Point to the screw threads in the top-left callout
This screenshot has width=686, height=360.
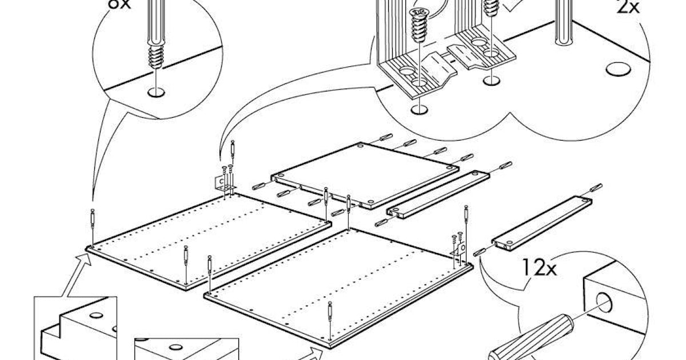pyautogui.click(x=155, y=56)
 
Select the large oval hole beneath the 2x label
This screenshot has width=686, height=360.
pyautogui.click(x=617, y=70)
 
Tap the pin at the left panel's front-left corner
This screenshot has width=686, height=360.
pyautogui.click(x=91, y=219)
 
